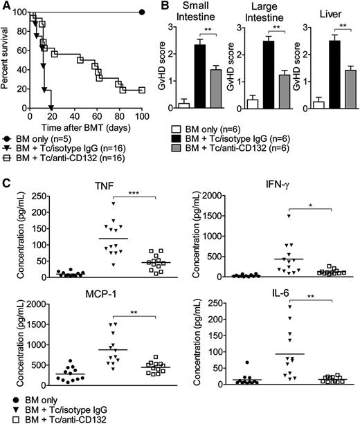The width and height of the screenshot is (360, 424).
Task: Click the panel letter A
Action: pos(6,6)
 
